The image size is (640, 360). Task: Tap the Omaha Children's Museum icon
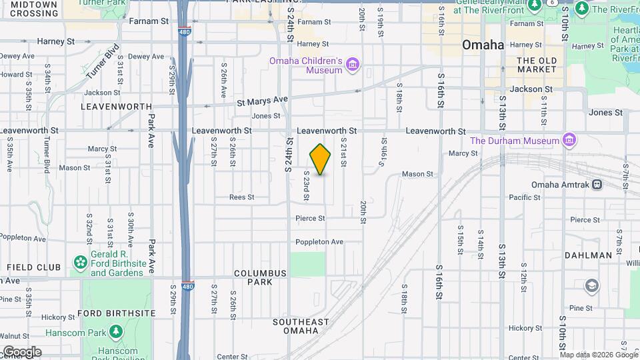(x=353, y=65)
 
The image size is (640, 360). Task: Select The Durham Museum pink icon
(x=569, y=141)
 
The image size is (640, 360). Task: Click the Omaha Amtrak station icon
(x=597, y=185)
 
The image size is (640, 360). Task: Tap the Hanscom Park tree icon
(x=116, y=331)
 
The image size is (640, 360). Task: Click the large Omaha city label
(x=483, y=45)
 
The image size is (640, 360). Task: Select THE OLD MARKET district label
(x=537, y=65)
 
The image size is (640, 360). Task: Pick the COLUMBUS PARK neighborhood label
(x=260, y=277)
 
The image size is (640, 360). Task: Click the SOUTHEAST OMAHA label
(x=301, y=326)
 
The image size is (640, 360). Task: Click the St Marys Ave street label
(x=262, y=101)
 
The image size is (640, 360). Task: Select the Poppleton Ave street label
(x=319, y=242)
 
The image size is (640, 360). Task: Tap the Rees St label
(x=242, y=197)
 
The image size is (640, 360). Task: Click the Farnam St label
(x=148, y=21)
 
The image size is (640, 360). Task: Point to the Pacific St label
(x=524, y=197)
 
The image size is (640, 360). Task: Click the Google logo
(x=21, y=352)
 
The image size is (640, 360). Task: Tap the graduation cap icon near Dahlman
(x=591, y=286)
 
